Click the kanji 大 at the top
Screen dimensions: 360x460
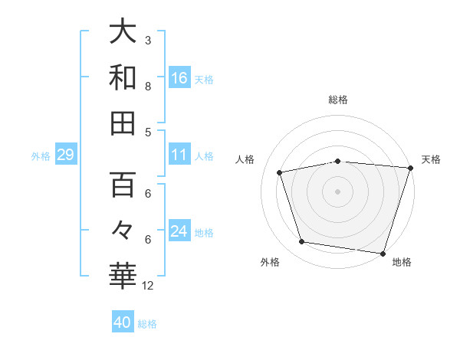tap(123, 32)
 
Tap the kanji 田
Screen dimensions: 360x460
tap(123, 123)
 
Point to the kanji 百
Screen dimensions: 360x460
tap(123, 186)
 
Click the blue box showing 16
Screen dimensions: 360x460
tap(179, 77)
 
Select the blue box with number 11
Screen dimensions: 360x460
tap(179, 155)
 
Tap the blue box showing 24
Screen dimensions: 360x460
tap(179, 231)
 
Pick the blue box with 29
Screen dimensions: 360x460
tap(65, 155)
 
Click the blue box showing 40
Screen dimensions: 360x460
tap(123, 322)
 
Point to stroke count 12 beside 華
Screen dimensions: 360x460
tap(149, 286)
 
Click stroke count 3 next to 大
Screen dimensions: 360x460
tap(148, 39)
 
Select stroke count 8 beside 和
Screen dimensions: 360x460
tap(148, 86)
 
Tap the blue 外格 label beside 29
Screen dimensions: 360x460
tap(41, 156)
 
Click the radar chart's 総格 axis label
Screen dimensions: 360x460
tap(338, 100)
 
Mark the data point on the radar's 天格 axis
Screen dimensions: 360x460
tap(409, 168)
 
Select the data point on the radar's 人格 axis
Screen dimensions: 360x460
tap(280, 172)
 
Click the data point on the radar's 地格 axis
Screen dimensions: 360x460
tap(382, 253)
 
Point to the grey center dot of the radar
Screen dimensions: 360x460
tap(338, 191)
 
